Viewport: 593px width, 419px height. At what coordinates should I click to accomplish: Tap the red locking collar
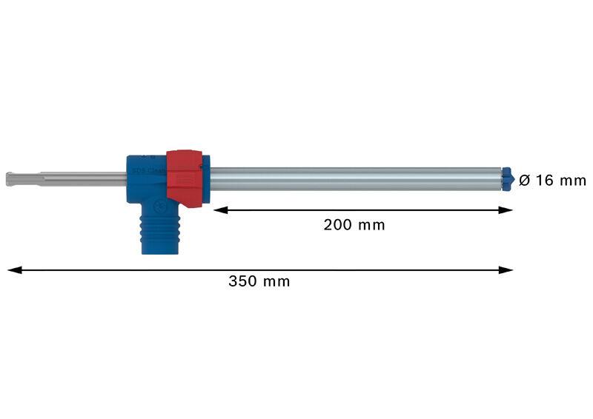point(184,178)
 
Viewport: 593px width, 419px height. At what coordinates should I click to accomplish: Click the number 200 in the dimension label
point(337,224)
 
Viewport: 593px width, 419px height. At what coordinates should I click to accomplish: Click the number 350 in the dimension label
point(242,281)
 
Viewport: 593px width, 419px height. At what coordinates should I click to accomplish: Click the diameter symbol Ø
point(524,180)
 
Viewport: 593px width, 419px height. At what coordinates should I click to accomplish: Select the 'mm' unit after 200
point(371,225)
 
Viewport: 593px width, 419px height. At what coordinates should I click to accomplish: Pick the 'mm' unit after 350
point(276,281)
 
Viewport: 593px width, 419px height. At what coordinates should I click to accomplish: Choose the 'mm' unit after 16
point(573,181)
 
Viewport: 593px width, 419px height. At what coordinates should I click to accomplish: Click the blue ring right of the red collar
point(206,178)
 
